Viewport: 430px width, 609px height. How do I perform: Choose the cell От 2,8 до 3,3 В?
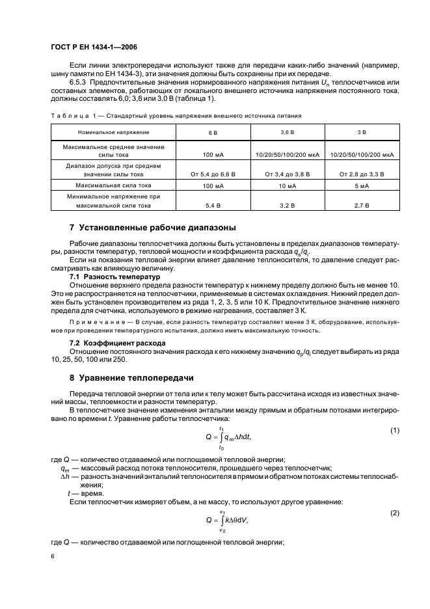(362, 174)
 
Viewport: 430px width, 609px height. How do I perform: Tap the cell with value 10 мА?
(287, 186)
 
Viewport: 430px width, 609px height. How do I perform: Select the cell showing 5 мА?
(362, 186)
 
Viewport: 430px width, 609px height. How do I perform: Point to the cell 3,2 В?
(287, 206)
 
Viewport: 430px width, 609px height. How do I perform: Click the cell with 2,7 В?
(362, 206)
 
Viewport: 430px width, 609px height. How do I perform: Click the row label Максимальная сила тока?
(113, 186)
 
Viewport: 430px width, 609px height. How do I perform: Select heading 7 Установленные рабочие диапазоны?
(153, 228)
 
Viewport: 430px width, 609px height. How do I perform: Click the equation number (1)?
(394, 431)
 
